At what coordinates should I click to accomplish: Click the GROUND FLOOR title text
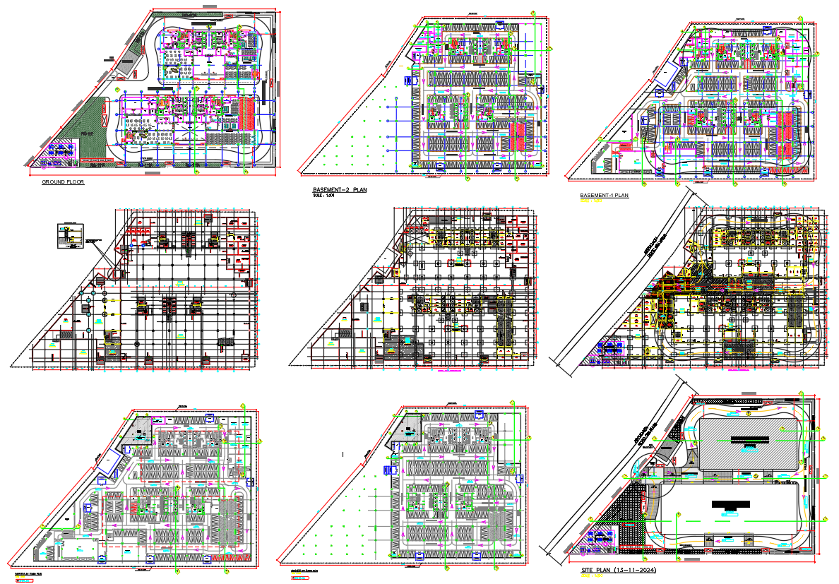pyautogui.click(x=63, y=182)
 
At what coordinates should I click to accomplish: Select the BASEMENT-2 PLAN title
pyautogui.click(x=340, y=190)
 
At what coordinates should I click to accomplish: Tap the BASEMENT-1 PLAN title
pyautogui.click(x=604, y=196)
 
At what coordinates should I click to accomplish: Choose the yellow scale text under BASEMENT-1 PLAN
pyautogui.click(x=590, y=201)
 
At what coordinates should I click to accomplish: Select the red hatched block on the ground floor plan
pyautogui.click(x=247, y=113)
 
